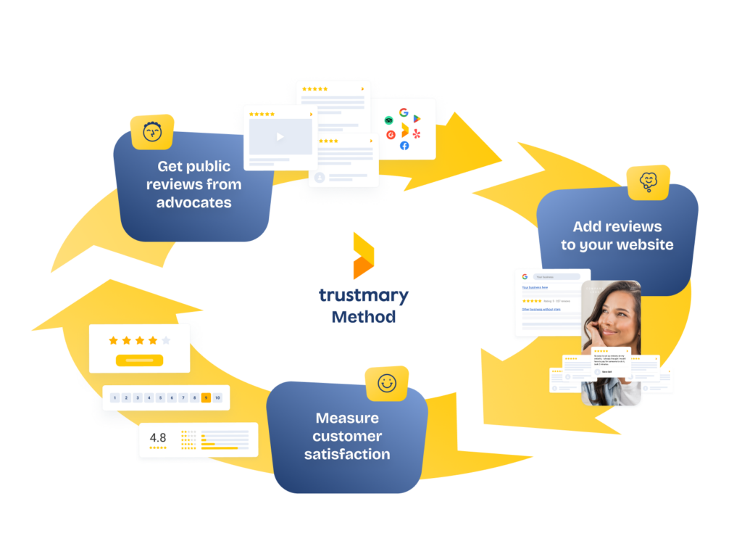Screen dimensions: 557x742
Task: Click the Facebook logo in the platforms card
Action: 404,146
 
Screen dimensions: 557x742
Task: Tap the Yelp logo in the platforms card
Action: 416,133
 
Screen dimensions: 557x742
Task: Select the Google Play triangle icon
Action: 417,119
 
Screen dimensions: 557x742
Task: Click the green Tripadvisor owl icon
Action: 389,120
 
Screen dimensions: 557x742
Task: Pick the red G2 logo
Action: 391,134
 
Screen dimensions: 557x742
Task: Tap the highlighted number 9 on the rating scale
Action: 206,397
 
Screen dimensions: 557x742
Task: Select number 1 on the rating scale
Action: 114,397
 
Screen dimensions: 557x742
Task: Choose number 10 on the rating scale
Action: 217,397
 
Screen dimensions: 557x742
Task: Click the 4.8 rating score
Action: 158,437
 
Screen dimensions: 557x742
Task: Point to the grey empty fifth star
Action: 166,340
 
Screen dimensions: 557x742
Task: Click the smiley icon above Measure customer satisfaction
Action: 387,383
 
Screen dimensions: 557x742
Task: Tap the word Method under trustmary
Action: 364,317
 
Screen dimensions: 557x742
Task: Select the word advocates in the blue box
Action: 193,202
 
